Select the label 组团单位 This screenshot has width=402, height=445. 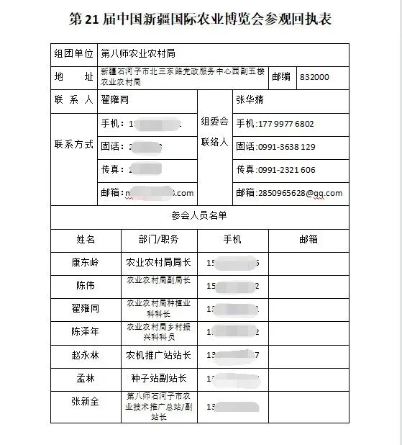coord(73,53)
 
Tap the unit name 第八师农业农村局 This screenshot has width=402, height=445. coord(138,53)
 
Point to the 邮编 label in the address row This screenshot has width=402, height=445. coord(283,76)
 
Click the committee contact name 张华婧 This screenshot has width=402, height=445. coord(250,100)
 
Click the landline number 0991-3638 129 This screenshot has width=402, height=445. coord(287,147)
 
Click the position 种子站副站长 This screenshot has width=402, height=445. coord(158,378)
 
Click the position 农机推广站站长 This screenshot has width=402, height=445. coord(158,355)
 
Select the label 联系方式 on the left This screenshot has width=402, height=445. coord(73,144)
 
